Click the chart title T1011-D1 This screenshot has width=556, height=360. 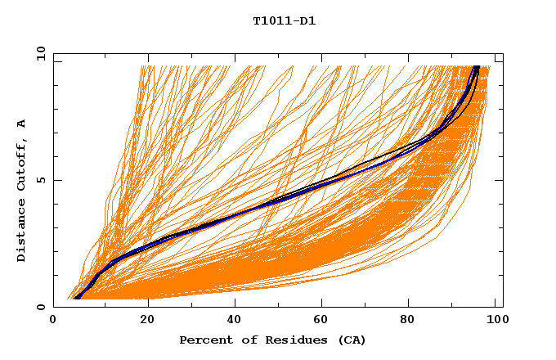(284, 21)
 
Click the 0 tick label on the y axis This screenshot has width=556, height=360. (41, 307)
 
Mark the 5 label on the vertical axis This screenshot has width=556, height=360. (41, 180)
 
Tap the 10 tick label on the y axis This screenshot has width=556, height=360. (39, 53)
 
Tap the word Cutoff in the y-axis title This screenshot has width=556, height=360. (21, 160)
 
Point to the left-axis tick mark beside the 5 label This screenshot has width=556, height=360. (56, 180)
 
